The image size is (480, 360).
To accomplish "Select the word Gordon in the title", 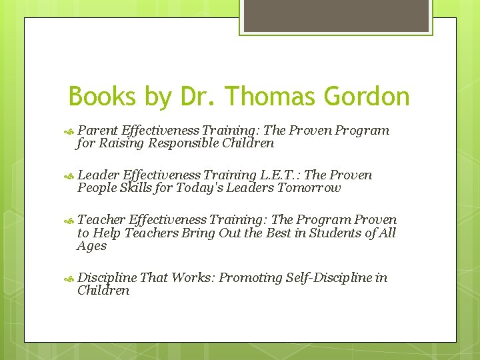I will (x=367, y=97).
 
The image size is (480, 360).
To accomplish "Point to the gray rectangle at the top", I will (x=335, y=16).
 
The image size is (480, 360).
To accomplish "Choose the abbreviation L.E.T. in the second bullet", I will (x=280, y=175).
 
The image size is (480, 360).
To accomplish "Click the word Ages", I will (x=91, y=246).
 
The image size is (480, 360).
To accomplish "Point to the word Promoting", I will (x=251, y=278).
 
